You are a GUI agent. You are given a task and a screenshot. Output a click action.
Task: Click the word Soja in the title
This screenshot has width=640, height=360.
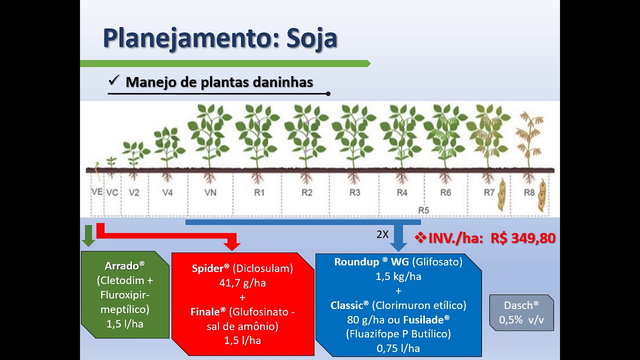pos(311,38)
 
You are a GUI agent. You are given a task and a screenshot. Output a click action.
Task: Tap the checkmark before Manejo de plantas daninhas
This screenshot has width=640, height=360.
pos(113,80)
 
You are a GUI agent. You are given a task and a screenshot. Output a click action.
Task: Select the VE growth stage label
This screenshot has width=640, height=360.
pos(97,192)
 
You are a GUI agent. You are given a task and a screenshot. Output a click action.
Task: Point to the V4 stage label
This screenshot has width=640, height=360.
pos(167,192)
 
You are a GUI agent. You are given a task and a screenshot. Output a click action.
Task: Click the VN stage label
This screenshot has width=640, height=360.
pos(210,192)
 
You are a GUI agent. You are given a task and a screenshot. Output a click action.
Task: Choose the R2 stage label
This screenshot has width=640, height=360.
pos(306,192)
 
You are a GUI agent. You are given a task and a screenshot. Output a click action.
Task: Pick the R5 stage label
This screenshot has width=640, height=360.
pos(423,210)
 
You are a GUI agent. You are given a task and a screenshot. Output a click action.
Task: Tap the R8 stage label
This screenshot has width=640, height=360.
pos(529,192)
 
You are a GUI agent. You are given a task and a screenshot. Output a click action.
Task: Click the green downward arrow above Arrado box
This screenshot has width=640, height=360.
pos(88,236)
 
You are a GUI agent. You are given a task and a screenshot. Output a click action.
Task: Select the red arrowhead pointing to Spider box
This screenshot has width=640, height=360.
pos(232,244)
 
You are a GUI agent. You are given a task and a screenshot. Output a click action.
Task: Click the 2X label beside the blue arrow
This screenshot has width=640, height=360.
pos(382,234)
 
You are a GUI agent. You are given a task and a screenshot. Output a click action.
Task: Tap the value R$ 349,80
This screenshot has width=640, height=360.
pos(523,238)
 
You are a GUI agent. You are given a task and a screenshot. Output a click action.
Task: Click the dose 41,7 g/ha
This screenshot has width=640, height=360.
pos(242,283)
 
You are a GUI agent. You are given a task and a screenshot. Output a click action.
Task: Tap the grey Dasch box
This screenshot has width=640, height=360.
pos(521,312)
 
